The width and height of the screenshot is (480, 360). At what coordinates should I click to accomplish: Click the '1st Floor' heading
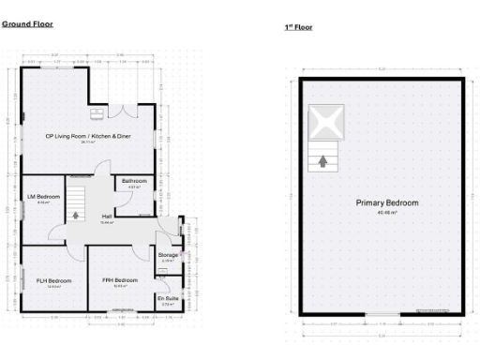298,27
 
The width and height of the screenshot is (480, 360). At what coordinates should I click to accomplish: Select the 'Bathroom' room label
134,181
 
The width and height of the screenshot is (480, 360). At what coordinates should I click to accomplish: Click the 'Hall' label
108,217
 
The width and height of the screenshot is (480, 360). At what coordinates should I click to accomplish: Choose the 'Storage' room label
168,254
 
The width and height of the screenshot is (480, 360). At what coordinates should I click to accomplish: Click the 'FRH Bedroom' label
120,279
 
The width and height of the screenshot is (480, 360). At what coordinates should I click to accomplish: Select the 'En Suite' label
168,298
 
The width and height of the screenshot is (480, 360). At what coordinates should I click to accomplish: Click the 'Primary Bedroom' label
386,202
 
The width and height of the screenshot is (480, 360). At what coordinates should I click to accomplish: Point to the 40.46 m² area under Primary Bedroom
386,212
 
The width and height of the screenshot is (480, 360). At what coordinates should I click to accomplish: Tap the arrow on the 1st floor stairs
322,160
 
